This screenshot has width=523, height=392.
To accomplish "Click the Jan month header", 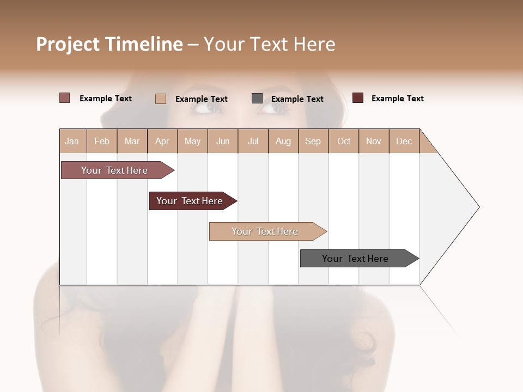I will point(72,141).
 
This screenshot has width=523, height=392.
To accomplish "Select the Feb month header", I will point(102,141).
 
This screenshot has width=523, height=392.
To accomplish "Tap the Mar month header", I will point(132,141).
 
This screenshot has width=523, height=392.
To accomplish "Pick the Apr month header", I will point(162,141).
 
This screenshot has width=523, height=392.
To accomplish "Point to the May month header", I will point(192,141).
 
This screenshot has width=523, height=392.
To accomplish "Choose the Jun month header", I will point(223,141).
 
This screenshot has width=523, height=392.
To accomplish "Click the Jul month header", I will point(253,141).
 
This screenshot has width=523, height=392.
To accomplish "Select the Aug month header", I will point(283,141).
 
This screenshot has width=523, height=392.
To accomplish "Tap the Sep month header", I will point(313,141).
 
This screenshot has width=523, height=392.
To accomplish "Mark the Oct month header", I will point(344,141).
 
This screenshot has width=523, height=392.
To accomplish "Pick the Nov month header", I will point(374,141).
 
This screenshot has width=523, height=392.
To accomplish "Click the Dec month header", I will point(404,141).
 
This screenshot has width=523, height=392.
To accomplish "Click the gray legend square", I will point(257,99).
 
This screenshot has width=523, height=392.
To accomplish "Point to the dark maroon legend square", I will point(358,98).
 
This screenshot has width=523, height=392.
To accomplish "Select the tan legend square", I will point(161,99).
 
